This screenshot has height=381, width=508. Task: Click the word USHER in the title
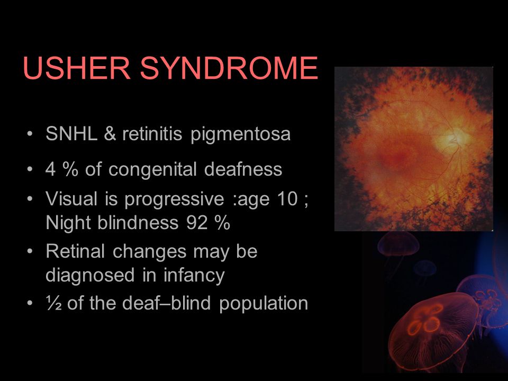coord(77,68)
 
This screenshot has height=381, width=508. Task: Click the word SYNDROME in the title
coord(229,68)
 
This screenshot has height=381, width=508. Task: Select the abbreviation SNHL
coord(71,133)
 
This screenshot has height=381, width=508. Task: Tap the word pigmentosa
coord(240,135)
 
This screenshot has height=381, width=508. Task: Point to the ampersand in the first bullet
coord(110,133)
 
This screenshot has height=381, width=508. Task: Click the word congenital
coord(152,170)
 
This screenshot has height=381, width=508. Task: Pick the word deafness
coord(243,169)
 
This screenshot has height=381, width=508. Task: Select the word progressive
coord(174,199)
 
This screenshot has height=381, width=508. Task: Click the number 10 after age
coord(287,198)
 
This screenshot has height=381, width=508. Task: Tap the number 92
coord(197,223)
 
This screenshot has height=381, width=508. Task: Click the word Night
coord(68,223)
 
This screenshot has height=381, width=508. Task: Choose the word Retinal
coord(75,251)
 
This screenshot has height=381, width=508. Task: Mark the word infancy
coord(194,276)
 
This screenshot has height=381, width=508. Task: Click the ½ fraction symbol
coord(54,303)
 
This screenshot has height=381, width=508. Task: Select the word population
coord(264,304)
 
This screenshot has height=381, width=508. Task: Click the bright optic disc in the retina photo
coord(450,139)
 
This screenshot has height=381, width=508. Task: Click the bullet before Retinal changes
coord(30,251)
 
